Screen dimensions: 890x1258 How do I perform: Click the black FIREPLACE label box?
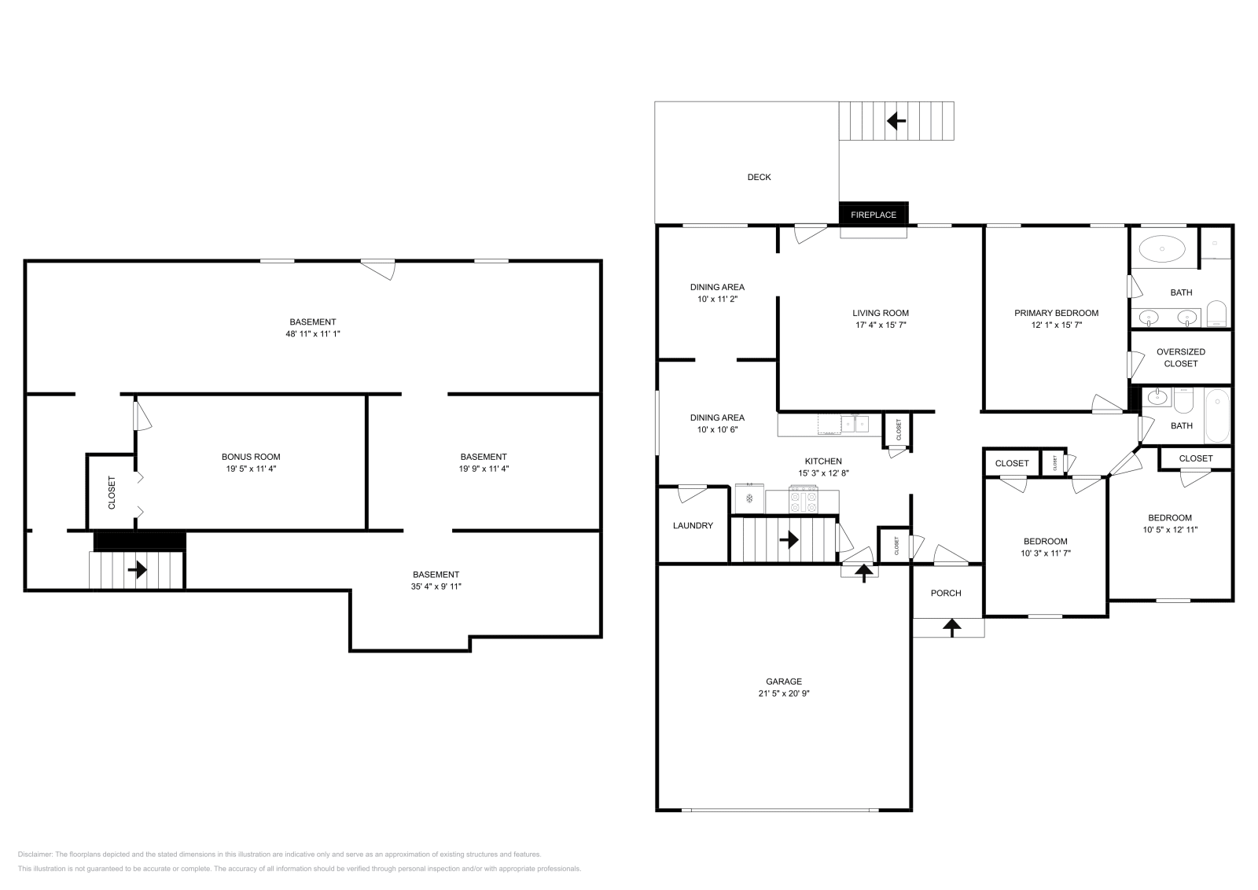874,214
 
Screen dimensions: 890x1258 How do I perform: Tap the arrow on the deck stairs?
896,121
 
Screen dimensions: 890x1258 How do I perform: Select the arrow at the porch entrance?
952,627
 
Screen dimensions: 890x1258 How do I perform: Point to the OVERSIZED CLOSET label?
1180,358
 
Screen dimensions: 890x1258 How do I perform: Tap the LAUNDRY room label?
693,525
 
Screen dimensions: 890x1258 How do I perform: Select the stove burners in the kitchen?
804,498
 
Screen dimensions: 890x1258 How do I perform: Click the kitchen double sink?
855,424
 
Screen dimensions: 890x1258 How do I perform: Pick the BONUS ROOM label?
251,457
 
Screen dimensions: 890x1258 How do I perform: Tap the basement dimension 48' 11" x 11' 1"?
313,333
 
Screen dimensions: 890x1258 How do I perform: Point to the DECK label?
759,177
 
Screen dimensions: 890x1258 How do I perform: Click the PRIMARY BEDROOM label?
1056,313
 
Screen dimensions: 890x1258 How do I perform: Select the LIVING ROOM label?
881,313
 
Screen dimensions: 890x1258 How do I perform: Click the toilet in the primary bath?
1216,314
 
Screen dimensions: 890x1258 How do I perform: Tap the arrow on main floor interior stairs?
789,539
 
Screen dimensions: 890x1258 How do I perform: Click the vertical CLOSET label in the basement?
111,492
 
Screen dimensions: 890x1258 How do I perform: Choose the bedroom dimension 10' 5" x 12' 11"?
1170,530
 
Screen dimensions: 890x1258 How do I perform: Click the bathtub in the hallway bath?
1216,416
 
